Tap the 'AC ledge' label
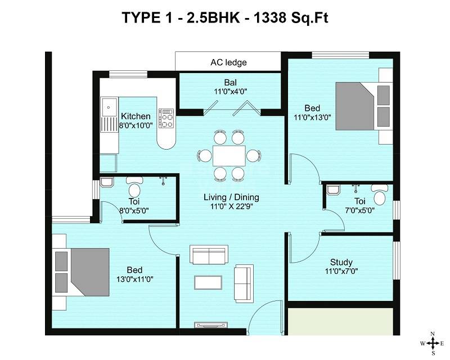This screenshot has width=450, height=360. [228, 62]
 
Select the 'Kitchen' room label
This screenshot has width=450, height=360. [136, 116]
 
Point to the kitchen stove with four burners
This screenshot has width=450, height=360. [166, 119]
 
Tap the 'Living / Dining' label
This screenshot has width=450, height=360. [231, 197]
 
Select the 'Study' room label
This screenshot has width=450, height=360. [341, 262]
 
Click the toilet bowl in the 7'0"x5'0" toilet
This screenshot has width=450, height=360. [380, 197]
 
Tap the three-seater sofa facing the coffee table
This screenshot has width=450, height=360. [209, 255]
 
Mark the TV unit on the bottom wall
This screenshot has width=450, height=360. [208, 325]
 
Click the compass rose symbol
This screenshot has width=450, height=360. [433, 343]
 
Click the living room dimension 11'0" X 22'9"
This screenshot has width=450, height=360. [231, 207]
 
